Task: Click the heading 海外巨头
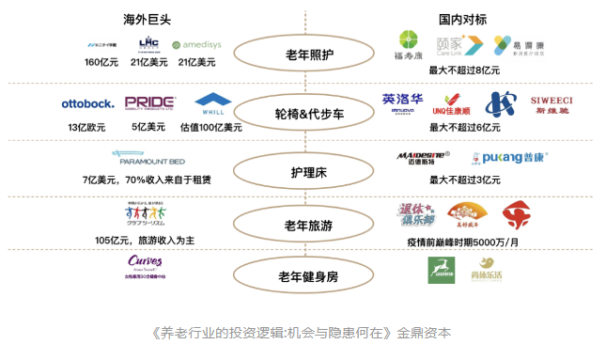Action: coord(148,18)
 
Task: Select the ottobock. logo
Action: coord(87,102)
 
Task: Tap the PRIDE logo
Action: coord(149,102)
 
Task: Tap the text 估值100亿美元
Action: coord(211,127)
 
